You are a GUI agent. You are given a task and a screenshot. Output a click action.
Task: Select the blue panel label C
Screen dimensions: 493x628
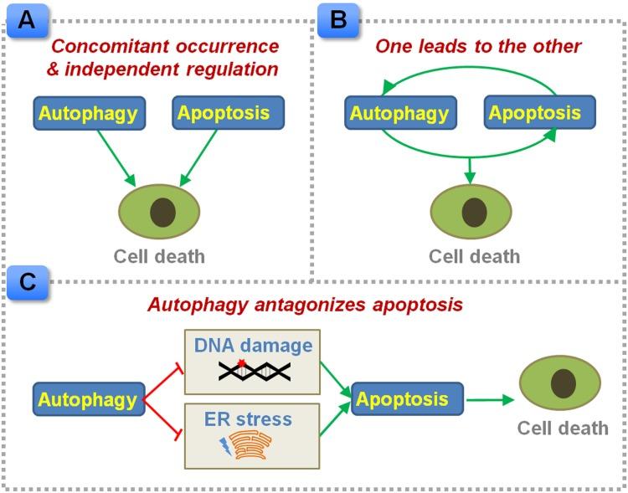click(x=27, y=283)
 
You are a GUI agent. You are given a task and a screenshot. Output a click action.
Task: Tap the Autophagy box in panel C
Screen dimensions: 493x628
click(x=88, y=399)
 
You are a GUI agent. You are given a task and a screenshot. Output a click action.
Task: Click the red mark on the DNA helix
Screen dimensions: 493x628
click(x=241, y=363)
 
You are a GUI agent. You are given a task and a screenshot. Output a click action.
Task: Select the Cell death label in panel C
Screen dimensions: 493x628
click(x=562, y=429)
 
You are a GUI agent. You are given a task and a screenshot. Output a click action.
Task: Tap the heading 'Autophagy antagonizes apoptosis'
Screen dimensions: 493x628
click(x=305, y=304)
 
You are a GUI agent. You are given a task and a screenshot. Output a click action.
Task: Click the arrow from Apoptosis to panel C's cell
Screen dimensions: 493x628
click(x=490, y=400)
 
